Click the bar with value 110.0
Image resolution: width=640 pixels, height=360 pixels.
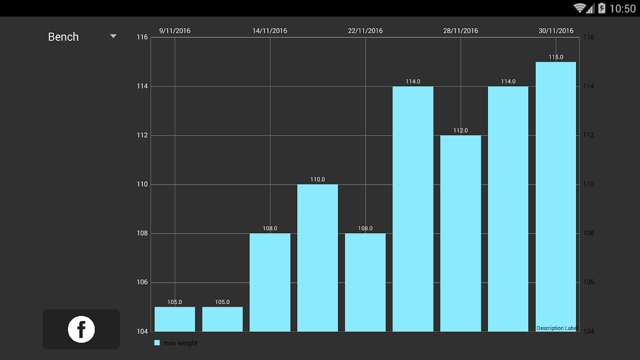click(x=317, y=258)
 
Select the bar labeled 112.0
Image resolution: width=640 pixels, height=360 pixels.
click(x=460, y=233)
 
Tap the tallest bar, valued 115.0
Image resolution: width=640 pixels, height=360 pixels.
click(x=556, y=197)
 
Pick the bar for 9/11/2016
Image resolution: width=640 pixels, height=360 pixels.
click(x=175, y=319)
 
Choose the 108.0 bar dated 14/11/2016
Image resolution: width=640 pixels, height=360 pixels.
click(x=270, y=282)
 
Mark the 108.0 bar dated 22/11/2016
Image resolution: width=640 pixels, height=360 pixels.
click(x=365, y=282)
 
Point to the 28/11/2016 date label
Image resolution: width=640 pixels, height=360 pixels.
click(x=460, y=31)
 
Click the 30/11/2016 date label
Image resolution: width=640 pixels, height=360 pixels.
click(x=556, y=31)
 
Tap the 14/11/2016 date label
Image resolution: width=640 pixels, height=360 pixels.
click(x=270, y=31)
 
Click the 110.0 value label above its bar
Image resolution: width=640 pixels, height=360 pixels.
click(x=317, y=180)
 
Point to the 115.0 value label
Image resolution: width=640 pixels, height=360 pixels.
click(x=556, y=57)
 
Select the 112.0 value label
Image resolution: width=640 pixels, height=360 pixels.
click(x=460, y=130)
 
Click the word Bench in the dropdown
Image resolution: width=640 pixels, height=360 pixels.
click(x=63, y=37)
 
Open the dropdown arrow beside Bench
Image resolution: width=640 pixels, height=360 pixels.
click(x=113, y=36)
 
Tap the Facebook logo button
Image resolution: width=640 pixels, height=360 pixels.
click(x=81, y=329)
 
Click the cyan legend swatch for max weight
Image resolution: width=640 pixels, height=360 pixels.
click(x=157, y=343)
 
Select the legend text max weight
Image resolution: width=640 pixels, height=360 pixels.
click(x=180, y=343)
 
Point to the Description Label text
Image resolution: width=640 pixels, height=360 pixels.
click(x=556, y=328)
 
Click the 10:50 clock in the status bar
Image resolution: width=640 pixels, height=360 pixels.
click(x=622, y=9)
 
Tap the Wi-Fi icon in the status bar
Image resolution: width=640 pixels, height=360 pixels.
click(x=579, y=8)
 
